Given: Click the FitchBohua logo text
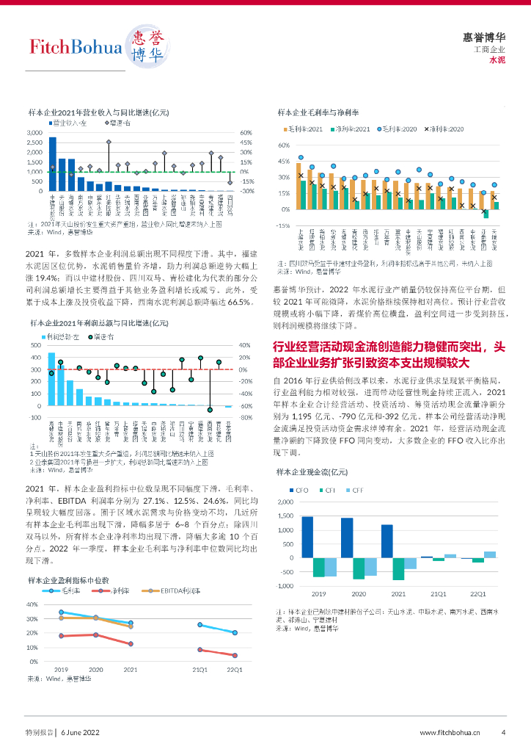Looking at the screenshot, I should (x=75, y=48).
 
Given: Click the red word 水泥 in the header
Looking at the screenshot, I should (x=497, y=60).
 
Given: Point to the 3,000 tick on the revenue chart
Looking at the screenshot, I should (x=34, y=133).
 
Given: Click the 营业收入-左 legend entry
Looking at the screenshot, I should (x=73, y=123).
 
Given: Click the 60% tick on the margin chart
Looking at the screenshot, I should (x=284, y=145).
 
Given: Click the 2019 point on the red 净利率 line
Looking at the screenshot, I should (x=62, y=636).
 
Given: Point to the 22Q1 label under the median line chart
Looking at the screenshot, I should (x=234, y=670).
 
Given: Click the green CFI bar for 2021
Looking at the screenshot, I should (x=398, y=568).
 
